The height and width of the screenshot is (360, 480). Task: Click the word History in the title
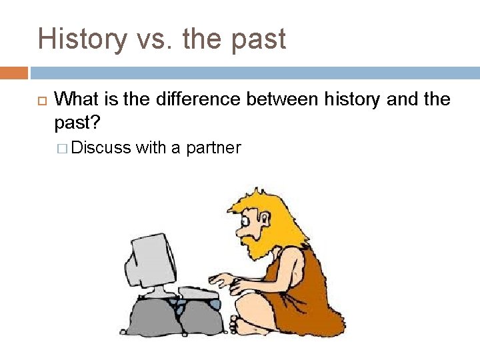point(81,39)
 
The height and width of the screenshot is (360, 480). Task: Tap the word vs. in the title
point(158,39)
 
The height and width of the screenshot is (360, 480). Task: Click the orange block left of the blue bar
point(14,73)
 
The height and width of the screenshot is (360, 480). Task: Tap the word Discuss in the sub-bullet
point(101,147)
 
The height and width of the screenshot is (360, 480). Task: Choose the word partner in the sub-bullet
point(214,148)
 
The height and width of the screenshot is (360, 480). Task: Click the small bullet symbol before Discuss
point(63,148)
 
